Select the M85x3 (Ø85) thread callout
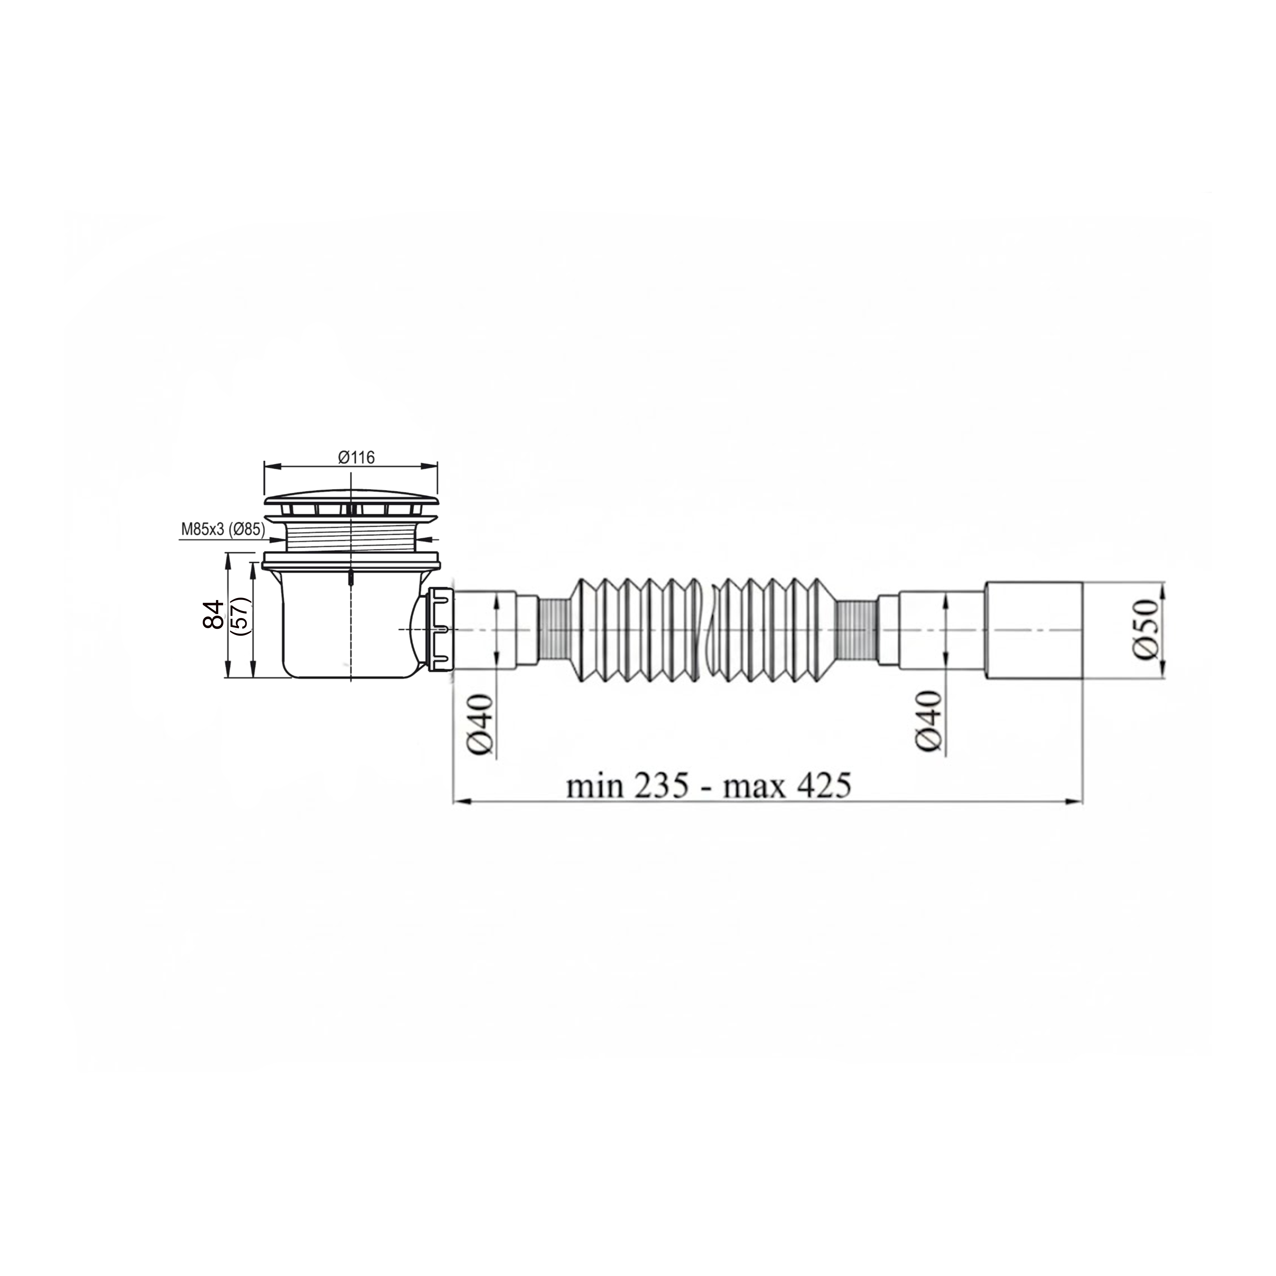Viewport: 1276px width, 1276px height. pyautogui.click(x=223, y=529)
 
